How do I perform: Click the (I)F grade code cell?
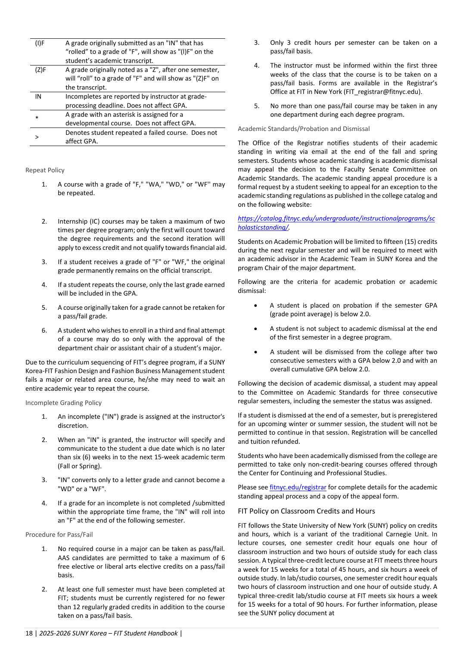tap(40, 43)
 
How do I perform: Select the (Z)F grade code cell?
tap(40, 70)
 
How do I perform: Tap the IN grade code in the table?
tap(38, 97)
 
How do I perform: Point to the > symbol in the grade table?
tap(37, 137)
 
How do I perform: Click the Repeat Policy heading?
tap(45, 170)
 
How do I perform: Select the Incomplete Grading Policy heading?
tap(63, 403)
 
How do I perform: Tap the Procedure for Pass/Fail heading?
tap(59, 535)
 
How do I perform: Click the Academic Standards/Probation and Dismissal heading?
tap(304, 129)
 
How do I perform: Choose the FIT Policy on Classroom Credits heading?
tap(306, 511)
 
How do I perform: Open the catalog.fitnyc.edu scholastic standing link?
tap(336, 223)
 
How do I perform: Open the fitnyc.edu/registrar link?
tap(298, 487)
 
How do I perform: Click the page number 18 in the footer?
tap(29, 633)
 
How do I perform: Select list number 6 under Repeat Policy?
tap(44, 330)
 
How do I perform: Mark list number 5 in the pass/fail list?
tap(257, 106)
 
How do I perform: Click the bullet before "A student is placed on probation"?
tap(256, 305)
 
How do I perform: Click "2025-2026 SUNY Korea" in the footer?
tap(67, 633)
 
